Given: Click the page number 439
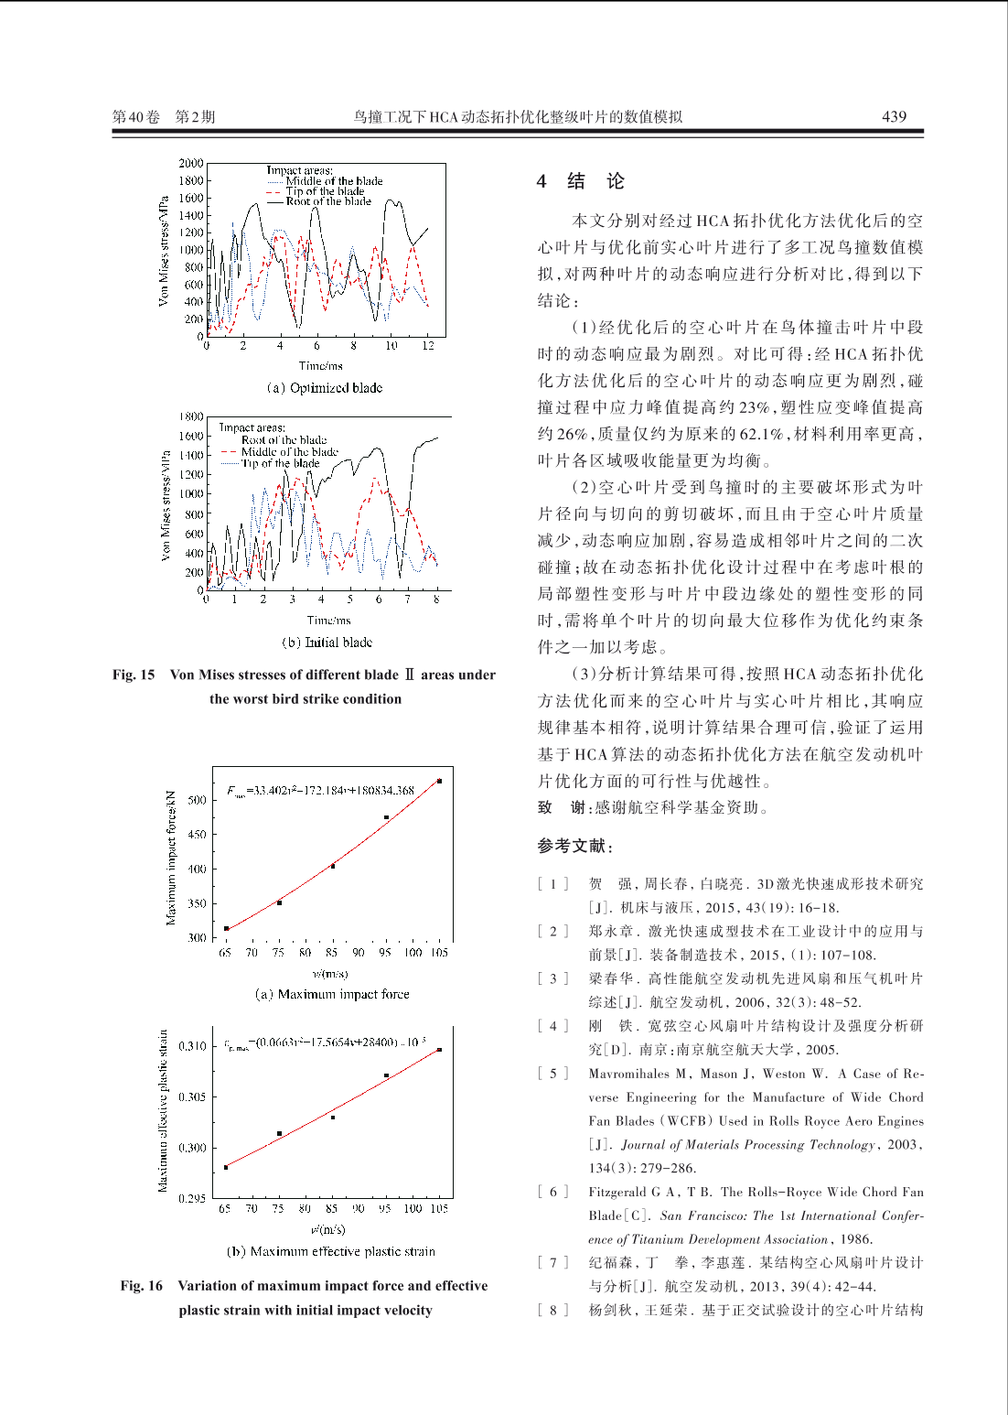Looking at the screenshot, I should pyautogui.click(x=894, y=116).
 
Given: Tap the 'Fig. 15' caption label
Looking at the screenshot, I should pyautogui.click(x=134, y=675).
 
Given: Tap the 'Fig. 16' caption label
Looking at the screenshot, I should pyautogui.click(x=141, y=1286).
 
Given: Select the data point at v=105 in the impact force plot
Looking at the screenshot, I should pyautogui.click(x=439, y=781).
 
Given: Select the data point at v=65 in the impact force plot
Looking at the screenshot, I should pyautogui.click(x=227, y=928).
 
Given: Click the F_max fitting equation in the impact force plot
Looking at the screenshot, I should pyautogui.click(x=320, y=790).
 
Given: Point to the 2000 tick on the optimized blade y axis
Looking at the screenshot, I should pyautogui.click(x=191, y=164).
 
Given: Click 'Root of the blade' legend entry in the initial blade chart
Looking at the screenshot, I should pyautogui.click(x=284, y=439).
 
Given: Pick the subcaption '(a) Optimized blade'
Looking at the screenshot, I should pyautogui.click(x=325, y=388).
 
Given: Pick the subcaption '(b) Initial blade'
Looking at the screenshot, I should pyautogui.click(x=327, y=643).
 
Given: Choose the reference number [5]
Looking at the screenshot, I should pyautogui.click(x=552, y=1074).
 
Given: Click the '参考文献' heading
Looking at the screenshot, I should pyautogui.click(x=574, y=847).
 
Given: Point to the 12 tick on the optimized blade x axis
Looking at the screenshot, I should pyautogui.click(x=428, y=346).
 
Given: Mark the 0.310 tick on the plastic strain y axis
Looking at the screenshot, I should pyautogui.click(x=192, y=1046).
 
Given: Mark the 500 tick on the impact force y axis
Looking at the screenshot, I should pyautogui.click(x=197, y=800).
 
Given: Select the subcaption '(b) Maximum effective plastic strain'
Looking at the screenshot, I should pyautogui.click(x=330, y=1251).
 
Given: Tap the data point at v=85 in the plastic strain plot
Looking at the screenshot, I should pyautogui.click(x=333, y=1117).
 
